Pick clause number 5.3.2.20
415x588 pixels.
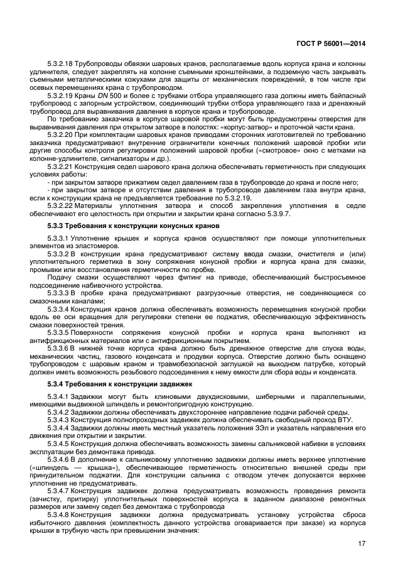tap(61, 135)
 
